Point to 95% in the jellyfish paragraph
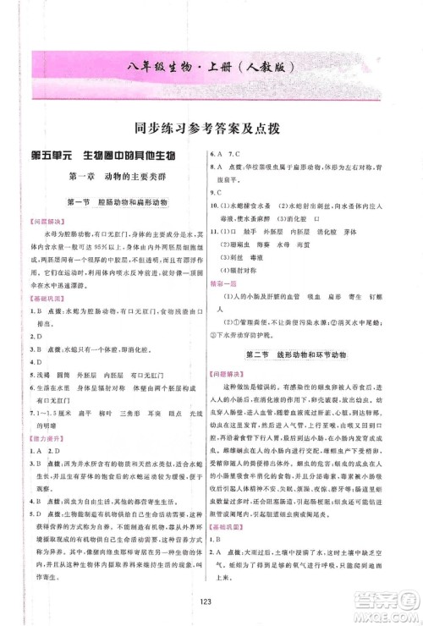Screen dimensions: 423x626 112,248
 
